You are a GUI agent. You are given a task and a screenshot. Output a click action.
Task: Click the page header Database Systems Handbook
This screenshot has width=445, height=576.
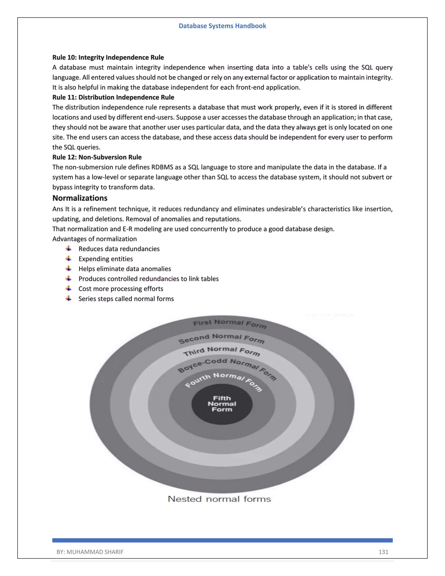click(x=222, y=26)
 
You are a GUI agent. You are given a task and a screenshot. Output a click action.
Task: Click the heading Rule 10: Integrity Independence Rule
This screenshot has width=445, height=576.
click(x=108, y=58)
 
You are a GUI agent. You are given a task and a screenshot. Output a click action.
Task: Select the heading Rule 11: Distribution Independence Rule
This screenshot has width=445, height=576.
click(x=113, y=97)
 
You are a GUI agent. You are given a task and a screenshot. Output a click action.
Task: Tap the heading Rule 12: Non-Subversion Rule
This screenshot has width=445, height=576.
click(x=97, y=157)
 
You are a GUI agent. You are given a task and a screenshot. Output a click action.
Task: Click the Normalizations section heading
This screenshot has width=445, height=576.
click(x=80, y=198)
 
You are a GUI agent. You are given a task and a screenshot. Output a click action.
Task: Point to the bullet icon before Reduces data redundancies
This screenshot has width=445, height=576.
click(x=68, y=249)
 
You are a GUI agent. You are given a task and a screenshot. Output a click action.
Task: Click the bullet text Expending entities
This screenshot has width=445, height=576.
click(x=105, y=259)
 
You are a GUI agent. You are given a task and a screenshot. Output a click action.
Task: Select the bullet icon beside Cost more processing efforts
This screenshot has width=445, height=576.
click(x=68, y=288)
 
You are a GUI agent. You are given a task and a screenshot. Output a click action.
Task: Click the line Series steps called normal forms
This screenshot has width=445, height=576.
click(x=126, y=299)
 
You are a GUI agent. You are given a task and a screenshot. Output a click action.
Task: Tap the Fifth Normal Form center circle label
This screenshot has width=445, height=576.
click(x=222, y=404)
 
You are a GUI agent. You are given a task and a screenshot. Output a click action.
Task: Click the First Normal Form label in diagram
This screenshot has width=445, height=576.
click(x=229, y=324)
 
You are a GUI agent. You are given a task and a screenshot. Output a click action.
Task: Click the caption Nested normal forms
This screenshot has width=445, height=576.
click(x=219, y=499)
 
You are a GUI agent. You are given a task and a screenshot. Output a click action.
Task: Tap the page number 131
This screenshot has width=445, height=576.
click(x=383, y=552)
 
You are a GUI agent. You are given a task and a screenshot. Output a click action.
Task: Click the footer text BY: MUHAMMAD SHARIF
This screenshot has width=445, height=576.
click(x=90, y=552)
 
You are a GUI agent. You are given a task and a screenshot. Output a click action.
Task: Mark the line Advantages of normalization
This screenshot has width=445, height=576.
click(x=94, y=239)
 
